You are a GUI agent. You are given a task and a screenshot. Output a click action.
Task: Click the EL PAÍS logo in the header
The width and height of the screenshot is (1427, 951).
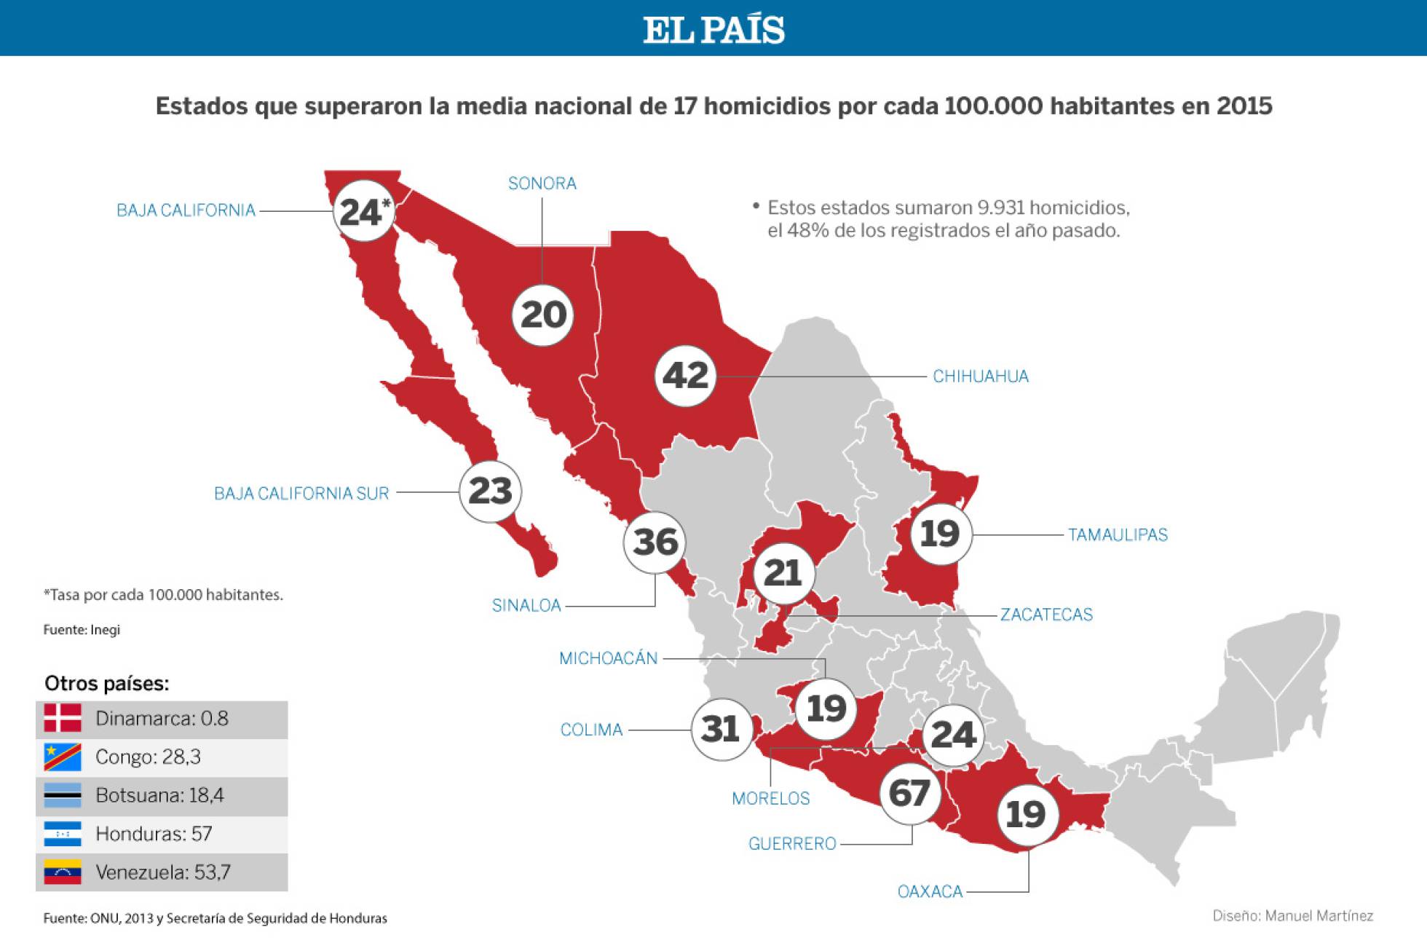tap(713, 30)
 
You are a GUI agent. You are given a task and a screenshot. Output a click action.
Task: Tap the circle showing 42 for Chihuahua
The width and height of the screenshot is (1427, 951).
tap(685, 376)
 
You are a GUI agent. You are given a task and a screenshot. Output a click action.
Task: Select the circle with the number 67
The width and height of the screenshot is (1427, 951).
tap(909, 793)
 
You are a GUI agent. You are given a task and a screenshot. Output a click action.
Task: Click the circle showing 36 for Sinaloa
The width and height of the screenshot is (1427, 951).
tap(655, 542)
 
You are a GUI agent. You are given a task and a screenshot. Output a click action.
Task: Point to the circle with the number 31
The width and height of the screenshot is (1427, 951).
tap(721, 729)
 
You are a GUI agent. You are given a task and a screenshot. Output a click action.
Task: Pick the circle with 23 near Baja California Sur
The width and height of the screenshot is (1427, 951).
tap(490, 492)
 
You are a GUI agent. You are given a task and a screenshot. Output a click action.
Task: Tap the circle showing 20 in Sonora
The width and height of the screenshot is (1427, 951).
tap(543, 315)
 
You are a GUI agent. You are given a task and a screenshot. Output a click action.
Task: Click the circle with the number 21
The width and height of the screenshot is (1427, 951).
tap(783, 573)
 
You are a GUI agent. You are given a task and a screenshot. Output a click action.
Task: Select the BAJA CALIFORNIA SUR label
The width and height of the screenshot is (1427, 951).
tap(301, 494)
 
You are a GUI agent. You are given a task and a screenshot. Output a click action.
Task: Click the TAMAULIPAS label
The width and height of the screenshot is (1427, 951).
tap(1118, 535)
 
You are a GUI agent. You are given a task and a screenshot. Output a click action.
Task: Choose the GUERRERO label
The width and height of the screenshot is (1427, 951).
tap(792, 844)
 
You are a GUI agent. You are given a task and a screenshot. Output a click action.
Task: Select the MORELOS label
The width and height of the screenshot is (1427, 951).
tap(770, 799)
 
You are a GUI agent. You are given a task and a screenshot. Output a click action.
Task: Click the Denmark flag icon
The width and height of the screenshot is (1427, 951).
tap(63, 719)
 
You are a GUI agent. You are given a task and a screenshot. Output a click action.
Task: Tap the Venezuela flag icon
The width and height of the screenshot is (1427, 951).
tap(63, 872)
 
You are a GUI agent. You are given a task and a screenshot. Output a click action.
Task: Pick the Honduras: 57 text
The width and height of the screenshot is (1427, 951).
tap(154, 834)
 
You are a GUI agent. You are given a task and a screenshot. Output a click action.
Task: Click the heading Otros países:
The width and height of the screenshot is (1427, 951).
tap(106, 684)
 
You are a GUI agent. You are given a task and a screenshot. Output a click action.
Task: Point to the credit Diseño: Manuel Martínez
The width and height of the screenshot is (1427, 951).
tap(1292, 916)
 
